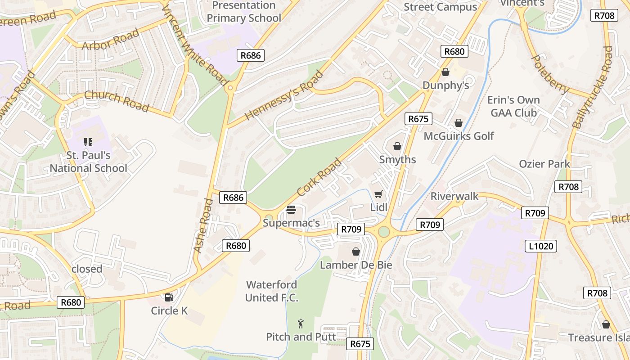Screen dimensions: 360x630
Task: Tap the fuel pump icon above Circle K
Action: pos(169,297)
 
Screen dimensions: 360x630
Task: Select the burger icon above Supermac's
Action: pos(291,210)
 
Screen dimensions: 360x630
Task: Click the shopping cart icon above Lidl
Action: pos(378,194)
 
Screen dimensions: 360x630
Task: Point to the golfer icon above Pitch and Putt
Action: pos(301,323)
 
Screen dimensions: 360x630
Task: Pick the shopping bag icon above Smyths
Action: pos(397,146)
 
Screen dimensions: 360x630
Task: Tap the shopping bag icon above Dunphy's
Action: pos(445,72)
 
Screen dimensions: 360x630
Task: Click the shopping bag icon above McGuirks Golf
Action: pos(459,123)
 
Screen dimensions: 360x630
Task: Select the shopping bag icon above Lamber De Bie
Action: pos(356,252)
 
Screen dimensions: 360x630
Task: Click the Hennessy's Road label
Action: pos(284,96)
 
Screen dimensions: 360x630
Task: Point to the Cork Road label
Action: pos(319,177)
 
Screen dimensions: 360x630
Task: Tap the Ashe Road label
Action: pos(203,225)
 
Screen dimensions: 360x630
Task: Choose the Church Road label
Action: pos(117,101)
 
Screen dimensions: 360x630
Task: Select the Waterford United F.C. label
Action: pos(272,291)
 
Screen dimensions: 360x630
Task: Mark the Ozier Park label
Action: pos(544,164)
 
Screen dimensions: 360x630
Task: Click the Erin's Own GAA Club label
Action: pos(515,106)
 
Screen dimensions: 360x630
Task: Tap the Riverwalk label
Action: pos(454,196)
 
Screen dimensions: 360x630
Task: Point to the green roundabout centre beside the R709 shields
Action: pos(383,232)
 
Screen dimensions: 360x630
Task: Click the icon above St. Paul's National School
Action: pos(88,143)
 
